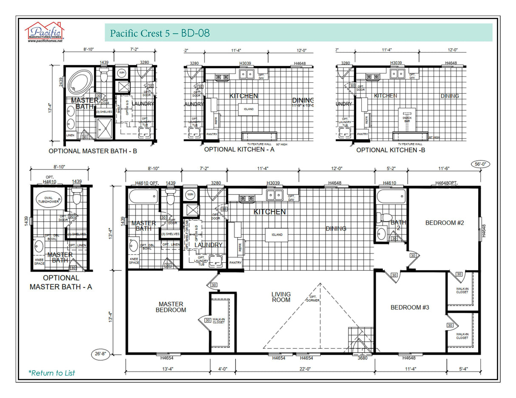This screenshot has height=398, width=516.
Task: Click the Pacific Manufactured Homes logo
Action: click(44, 32)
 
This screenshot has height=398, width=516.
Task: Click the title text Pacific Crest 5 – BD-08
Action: click(159, 33)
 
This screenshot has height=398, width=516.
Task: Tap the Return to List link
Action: click(51, 373)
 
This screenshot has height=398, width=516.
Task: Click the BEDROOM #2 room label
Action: click(444, 223)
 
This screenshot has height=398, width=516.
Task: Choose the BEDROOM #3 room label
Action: click(410, 307)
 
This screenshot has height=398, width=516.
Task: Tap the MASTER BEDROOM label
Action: click(171, 307)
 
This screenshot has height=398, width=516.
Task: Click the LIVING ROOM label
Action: click(281, 297)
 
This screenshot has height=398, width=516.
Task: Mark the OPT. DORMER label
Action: click(312, 299)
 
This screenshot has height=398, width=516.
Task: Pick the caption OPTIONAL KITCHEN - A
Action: click(239, 149)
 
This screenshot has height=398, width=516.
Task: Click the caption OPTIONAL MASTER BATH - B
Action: click(93, 151)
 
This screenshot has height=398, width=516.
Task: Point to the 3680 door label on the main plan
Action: click(363, 358)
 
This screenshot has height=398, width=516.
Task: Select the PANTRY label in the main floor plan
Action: click(235, 263)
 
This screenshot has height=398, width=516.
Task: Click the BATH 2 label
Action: click(399, 225)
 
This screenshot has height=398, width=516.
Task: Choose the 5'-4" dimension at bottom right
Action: click(463, 369)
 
